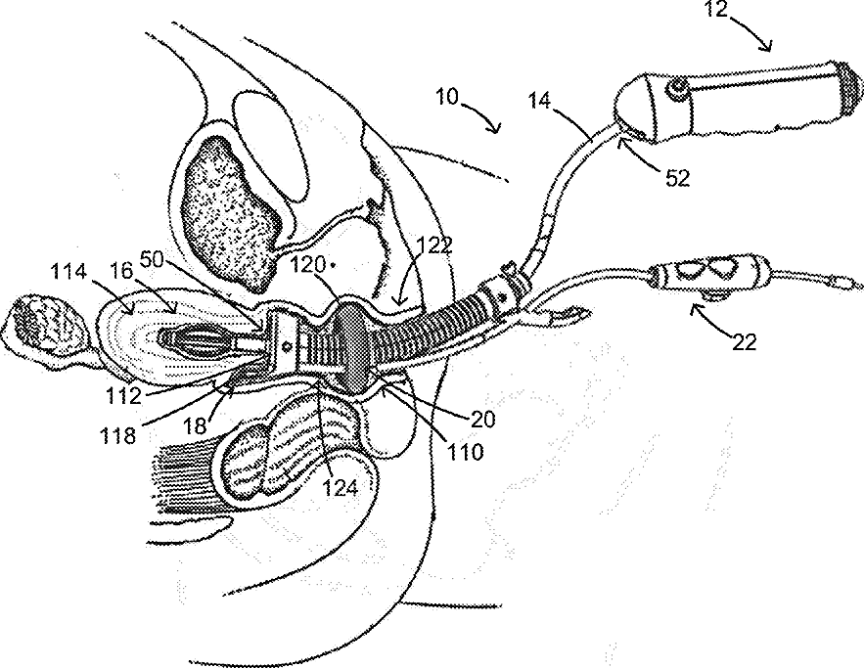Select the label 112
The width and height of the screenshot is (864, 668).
(126, 395)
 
